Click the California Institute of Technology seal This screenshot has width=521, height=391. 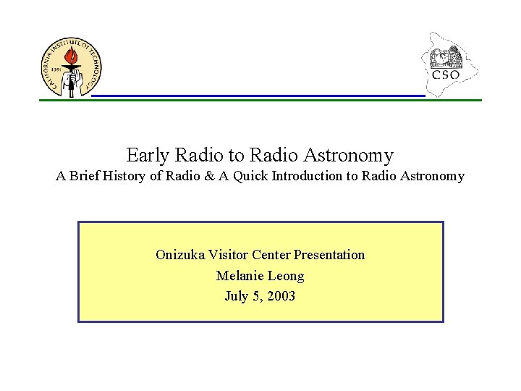coord(71,67)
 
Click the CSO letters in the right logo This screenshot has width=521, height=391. coord(446,75)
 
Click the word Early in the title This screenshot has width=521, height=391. coord(148,155)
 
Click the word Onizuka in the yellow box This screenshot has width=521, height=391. coord(180,255)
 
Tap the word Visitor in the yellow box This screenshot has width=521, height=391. coord(228,255)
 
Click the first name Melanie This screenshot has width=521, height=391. coord(240,276)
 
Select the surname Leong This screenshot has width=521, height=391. coord(287,276)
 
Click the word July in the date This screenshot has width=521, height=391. coord(236,296)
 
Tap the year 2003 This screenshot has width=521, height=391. coord(280,296)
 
